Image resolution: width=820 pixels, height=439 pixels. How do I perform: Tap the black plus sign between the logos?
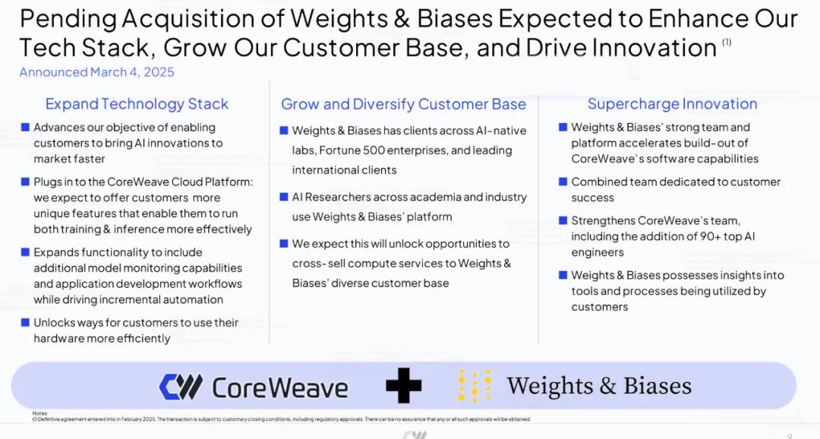[403, 387]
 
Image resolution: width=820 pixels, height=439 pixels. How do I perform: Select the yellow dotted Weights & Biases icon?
[475, 386]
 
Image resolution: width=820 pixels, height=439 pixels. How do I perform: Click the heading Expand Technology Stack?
[137, 104]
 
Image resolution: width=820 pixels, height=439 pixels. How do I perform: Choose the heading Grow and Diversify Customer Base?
[403, 104]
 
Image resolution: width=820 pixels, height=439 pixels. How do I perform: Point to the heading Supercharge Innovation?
[672, 104]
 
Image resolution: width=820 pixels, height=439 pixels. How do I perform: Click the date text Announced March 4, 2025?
[96, 72]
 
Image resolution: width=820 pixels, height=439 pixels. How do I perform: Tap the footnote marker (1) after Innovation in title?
[727, 43]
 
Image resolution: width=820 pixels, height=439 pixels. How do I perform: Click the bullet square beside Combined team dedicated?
[563, 182]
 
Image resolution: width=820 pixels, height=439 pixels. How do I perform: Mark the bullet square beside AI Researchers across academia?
[283, 197]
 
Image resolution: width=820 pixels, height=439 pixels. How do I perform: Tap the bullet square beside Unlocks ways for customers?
[25, 322]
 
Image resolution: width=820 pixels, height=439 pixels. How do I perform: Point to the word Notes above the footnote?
[40, 413]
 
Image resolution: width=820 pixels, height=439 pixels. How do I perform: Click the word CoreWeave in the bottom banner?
[279, 387]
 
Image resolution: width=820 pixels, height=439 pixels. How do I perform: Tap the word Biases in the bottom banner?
[658, 386]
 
